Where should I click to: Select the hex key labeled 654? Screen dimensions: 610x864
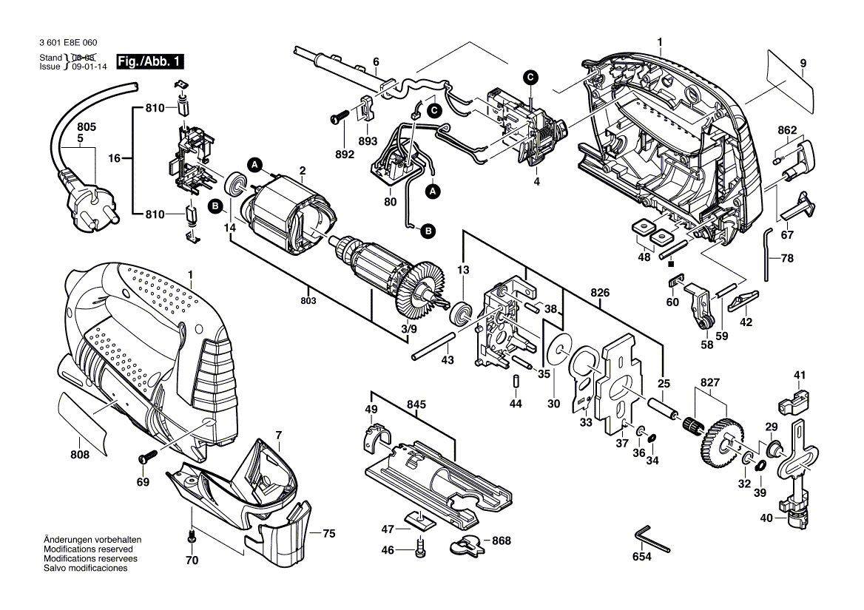[651, 539]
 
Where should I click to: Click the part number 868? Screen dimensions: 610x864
[502, 541]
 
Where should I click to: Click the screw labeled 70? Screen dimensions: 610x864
[191, 537]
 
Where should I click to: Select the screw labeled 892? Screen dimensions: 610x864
[341, 116]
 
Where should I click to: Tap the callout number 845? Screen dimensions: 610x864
[416, 404]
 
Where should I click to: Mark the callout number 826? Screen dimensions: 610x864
[599, 294]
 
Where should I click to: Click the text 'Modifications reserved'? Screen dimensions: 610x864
[88, 550]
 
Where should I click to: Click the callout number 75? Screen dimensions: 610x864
[329, 533]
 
